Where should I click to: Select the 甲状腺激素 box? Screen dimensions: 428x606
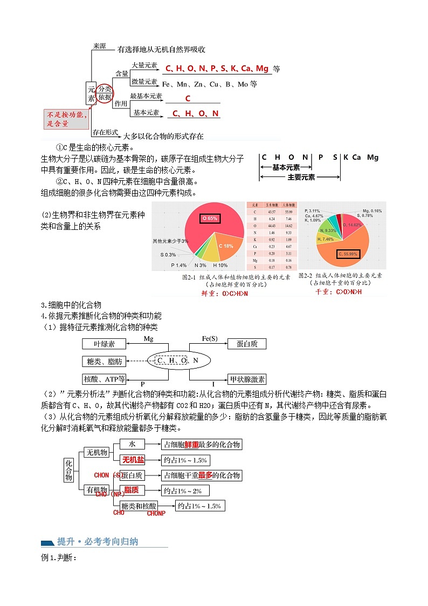point(247,379)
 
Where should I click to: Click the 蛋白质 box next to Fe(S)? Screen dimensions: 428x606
point(247,344)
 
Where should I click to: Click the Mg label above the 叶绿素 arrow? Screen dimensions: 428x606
point(149,338)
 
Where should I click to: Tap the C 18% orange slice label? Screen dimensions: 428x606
point(226,246)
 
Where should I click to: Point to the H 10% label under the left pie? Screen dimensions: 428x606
point(220,265)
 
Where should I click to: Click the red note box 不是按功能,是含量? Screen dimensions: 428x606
point(65,119)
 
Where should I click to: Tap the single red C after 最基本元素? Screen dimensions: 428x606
point(188,99)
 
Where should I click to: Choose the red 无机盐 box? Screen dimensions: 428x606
point(133,460)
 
